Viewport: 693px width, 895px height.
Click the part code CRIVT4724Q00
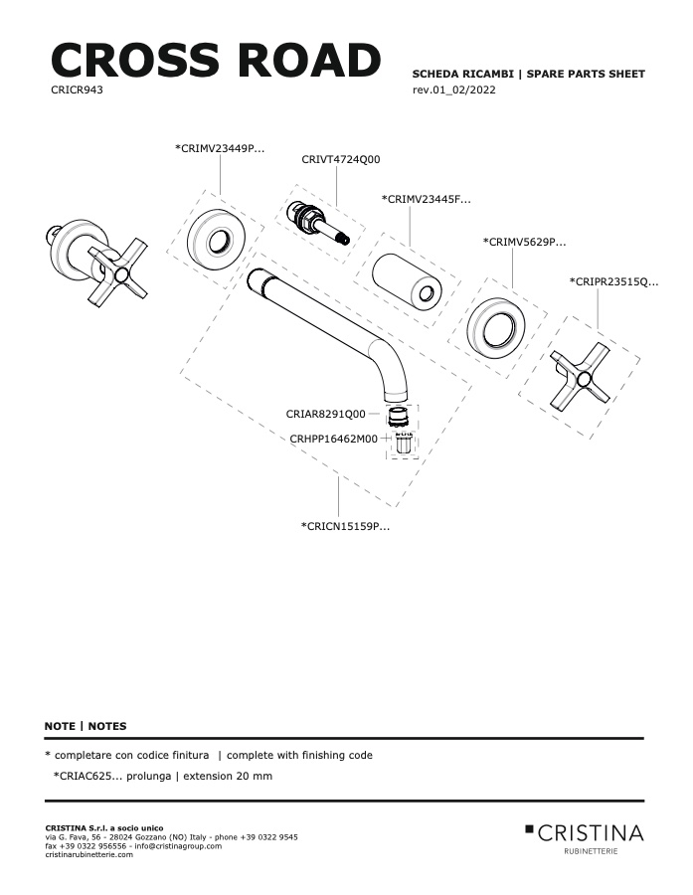(341, 159)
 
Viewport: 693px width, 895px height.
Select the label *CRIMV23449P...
(220, 148)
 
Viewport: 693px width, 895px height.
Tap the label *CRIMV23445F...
(427, 199)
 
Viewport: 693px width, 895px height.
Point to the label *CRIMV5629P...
(525, 242)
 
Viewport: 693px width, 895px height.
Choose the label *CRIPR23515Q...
(613, 281)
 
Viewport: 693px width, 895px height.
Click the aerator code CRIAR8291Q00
(325, 414)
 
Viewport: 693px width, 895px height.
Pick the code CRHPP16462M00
(333, 439)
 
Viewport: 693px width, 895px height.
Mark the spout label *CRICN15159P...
(345, 526)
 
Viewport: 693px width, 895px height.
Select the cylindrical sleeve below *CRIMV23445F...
(407, 279)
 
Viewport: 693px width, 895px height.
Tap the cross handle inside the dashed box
(581, 377)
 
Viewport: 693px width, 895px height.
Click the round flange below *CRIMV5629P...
(495, 328)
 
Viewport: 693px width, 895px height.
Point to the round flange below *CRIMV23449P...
(217, 240)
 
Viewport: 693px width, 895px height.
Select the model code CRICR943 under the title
(77, 89)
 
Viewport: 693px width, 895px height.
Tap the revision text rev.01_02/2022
(453, 89)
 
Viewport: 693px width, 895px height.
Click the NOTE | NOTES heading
(86, 726)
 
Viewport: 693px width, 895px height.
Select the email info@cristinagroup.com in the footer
(178, 846)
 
